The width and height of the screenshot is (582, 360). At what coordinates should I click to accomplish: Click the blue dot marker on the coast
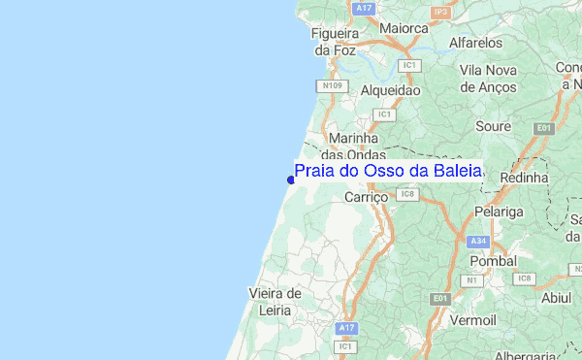pyautogui.click(x=291, y=180)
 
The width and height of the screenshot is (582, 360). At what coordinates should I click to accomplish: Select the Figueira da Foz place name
pyautogui.click(x=335, y=41)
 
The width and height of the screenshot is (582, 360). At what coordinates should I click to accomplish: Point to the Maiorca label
pyautogui.click(x=404, y=28)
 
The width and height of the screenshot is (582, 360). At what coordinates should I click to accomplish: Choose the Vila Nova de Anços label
pyautogui.click(x=491, y=78)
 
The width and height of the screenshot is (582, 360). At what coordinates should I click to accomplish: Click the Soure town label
pyautogui.click(x=493, y=126)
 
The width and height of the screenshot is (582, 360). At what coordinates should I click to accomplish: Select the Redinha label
pyautogui.click(x=524, y=179)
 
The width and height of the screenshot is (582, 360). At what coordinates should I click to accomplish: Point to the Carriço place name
pyautogui.click(x=367, y=196)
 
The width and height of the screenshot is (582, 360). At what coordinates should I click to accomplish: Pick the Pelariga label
pyautogui.click(x=500, y=211)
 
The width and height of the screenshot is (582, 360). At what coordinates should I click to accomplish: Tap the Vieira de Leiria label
pyautogui.click(x=275, y=302)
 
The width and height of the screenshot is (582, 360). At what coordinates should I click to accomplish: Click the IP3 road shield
pyautogui.click(x=440, y=12)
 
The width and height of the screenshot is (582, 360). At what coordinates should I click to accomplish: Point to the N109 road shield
pyautogui.click(x=333, y=85)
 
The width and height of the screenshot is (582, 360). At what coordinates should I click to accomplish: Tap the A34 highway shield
pyautogui.click(x=476, y=241)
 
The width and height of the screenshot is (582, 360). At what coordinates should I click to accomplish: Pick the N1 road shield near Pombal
pyautogui.click(x=472, y=280)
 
